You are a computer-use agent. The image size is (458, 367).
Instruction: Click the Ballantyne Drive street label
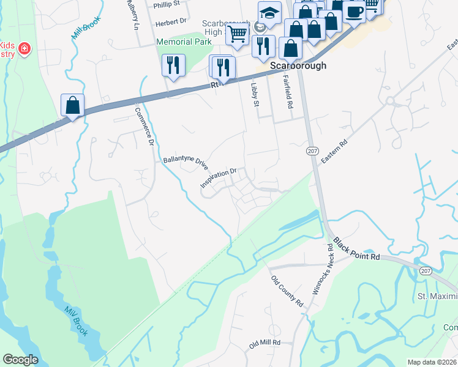[x=186, y=162]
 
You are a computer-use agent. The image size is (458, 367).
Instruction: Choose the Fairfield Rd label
[x=287, y=92]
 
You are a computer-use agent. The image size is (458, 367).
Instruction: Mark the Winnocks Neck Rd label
[x=323, y=270]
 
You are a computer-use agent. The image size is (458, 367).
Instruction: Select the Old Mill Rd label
[x=265, y=344]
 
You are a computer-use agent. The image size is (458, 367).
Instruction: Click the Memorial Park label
[x=184, y=42]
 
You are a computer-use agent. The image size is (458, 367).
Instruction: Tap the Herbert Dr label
[x=171, y=21]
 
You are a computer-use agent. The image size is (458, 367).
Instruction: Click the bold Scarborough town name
[x=298, y=65]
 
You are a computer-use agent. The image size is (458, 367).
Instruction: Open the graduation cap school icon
[x=269, y=12]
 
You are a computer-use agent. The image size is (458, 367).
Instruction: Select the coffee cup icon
[x=354, y=10]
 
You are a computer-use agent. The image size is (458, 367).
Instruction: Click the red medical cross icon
[x=24, y=48]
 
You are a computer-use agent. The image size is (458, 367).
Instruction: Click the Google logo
[x=21, y=360]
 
